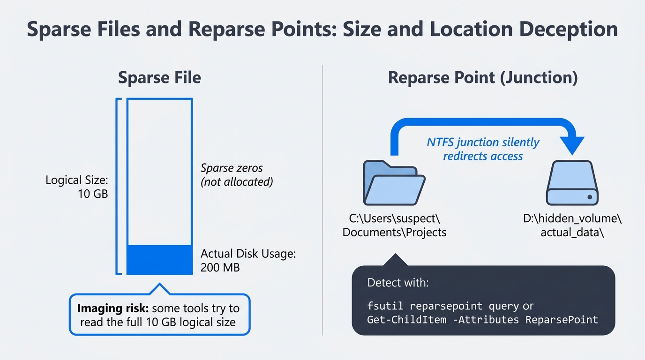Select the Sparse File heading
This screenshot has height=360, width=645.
coord(159,77)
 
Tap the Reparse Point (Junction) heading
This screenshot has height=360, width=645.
coord(483,77)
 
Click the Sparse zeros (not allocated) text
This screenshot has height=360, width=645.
coord(237,175)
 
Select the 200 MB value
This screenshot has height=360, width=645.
coord(220,268)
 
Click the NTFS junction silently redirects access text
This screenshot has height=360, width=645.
coord(483,149)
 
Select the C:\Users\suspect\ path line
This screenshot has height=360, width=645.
coord(394,219)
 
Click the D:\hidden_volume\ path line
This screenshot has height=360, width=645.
coord(572,219)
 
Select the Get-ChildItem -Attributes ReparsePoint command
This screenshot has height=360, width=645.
coord(483,320)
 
